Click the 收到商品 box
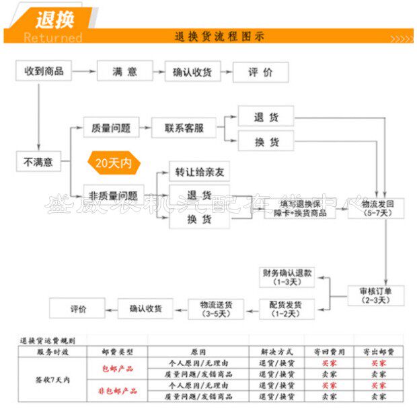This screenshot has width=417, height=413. tap(44, 71)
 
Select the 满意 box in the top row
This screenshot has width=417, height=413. tap(125, 71)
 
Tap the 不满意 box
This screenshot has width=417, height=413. tap(38, 161)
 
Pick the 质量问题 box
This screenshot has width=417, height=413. tap(110, 128)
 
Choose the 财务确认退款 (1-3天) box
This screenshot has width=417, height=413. tap(287, 277)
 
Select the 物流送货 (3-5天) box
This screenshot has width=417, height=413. tap(215, 309)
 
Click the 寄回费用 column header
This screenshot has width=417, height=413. tap(329, 351)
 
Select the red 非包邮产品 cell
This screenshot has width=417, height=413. tap(118, 391)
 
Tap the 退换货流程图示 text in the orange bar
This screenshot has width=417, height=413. tap(219, 36)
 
